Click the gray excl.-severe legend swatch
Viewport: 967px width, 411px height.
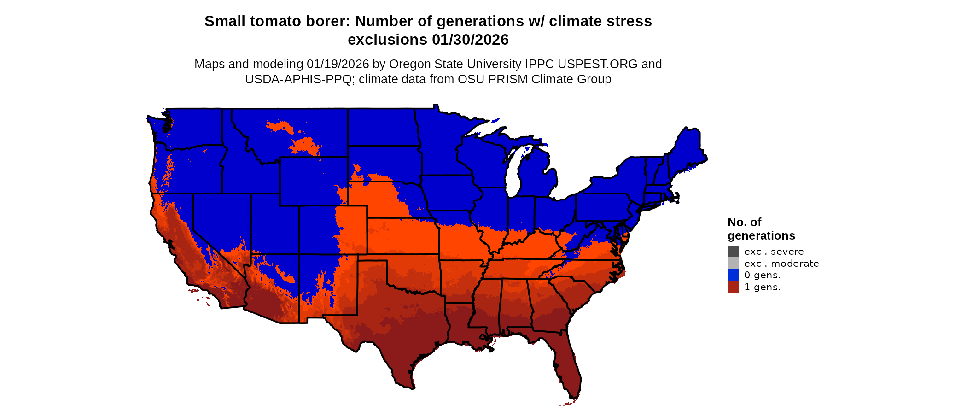tap(733, 252)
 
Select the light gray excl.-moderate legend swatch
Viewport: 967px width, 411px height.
tap(733, 264)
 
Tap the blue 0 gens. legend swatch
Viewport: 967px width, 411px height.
tap(733, 275)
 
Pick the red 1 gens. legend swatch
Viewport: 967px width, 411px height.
tap(733, 287)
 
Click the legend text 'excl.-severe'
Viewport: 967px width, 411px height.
tap(774, 252)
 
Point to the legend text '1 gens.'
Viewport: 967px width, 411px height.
tap(762, 287)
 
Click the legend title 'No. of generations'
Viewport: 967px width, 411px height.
tap(761, 229)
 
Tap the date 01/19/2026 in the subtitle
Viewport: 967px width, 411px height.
tap(338, 64)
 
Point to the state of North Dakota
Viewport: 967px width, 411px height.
tap(382, 127)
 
